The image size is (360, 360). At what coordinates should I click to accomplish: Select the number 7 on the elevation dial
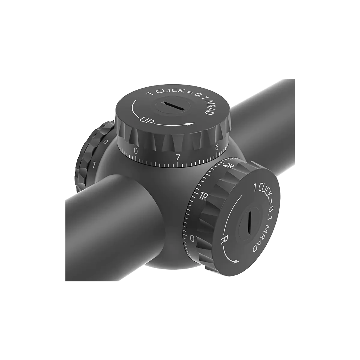coord(178,157)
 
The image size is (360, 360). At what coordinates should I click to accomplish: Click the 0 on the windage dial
coord(193,238)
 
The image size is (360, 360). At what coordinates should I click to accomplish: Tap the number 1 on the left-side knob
coord(94,164)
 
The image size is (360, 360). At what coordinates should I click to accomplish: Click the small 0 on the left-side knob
coord(105,141)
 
